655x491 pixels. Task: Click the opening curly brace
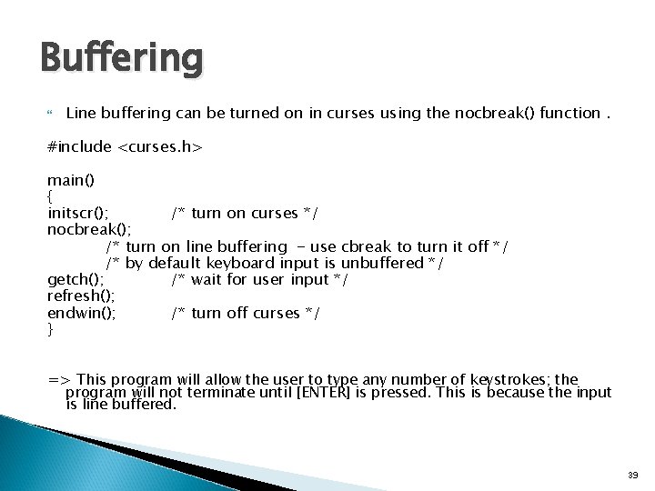pyautogui.click(x=50, y=196)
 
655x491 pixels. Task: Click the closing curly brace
pyautogui.click(x=50, y=329)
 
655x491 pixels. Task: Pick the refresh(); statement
pyautogui.click(x=79, y=296)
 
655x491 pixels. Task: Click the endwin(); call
pyautogui.click(x=81, y=313)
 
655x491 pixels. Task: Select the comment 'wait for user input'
pyautogui.click(x=259, y=279)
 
